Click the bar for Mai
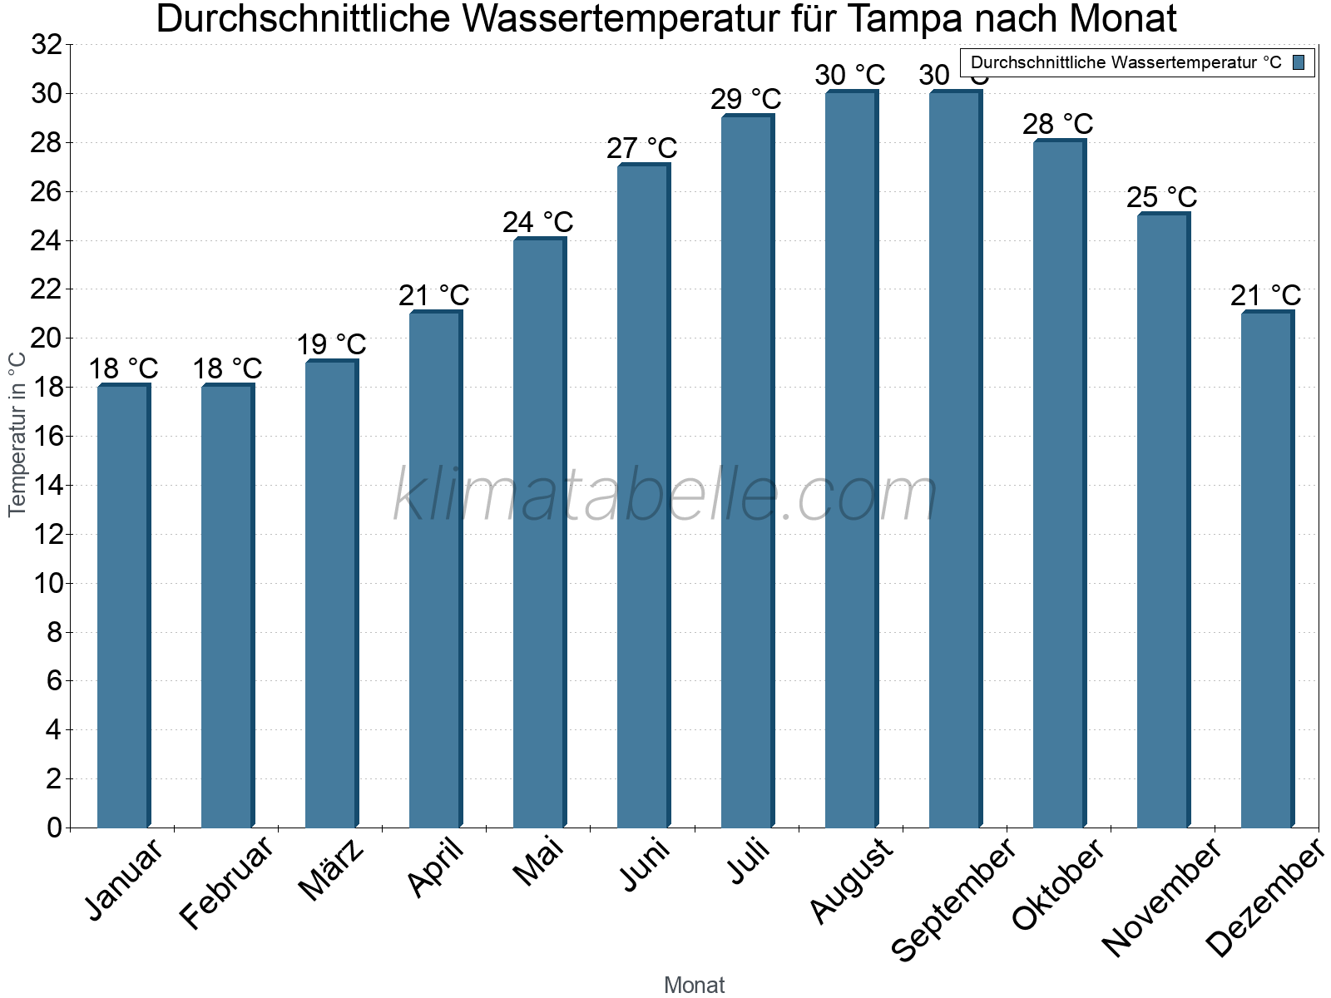tap(539, 532)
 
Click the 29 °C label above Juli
tap(745, 99)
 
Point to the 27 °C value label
tap(641, 148)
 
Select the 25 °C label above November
tap(1161, 197)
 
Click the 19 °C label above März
tap(331, 344)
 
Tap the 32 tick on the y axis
tap(47, 45)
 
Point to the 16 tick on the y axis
tap(47, 437)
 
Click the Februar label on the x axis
tap(226, 882)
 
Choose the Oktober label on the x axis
tap(1058, 885)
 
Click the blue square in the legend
tap(1299, 62)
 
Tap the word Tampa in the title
tap(907, 19)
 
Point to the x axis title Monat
tap(694, 985)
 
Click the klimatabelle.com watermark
tap(665, 496)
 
